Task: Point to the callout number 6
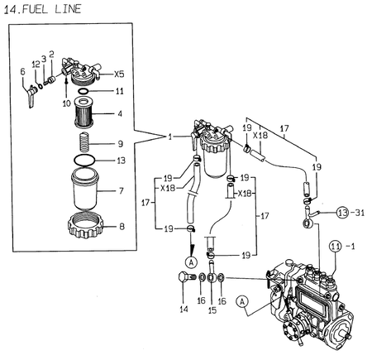pos(22,72)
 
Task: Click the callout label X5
pos(119,73)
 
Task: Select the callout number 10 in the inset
pos(65,104)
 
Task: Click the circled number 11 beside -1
pos(334,246)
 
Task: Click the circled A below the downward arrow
pos(192,261)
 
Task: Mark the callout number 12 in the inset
pos(36,64)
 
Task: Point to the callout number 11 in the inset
pos(120,91)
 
